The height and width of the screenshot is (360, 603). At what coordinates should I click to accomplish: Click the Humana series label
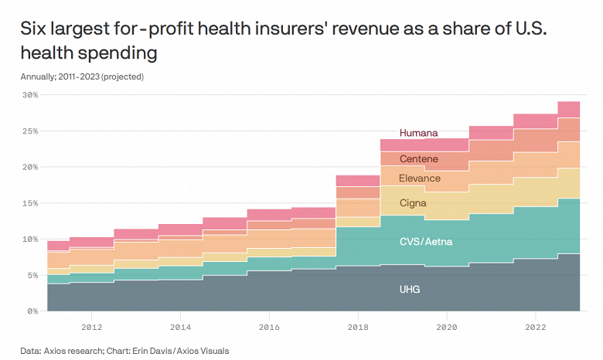(x=418, y=133)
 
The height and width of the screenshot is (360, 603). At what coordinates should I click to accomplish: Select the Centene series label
(x=418, y=159)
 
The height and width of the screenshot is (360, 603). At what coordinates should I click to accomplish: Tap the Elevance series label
(x=419, y=178)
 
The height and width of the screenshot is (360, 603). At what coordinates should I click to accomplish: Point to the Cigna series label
(x=414, y=203)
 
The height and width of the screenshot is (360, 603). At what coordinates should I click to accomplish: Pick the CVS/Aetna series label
(x=424, y=242)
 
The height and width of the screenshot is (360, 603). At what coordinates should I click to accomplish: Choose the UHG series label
(x=411, y=290)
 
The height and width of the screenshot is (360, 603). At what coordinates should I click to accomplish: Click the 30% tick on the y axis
(x=29, y=95)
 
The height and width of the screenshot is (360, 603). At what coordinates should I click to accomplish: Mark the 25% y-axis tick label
(x=29, y=131)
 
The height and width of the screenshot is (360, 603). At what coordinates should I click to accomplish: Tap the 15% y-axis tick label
(x=29, y=203)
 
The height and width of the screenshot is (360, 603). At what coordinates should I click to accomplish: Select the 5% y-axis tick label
(x=32, y=275)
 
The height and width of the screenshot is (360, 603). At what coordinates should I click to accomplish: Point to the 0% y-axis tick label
(x=32, y=311)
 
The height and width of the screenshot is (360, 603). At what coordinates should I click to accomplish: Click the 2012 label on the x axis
(x=91, y=327)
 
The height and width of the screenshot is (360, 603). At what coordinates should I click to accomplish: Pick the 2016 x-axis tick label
(x=268, y=327)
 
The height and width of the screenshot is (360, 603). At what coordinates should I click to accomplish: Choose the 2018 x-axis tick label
(x=357, y=327)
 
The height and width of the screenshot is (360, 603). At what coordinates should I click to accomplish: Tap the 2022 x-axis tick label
(x=534, y=327)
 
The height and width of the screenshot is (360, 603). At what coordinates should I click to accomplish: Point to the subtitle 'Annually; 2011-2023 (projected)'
(x=83, y=76)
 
